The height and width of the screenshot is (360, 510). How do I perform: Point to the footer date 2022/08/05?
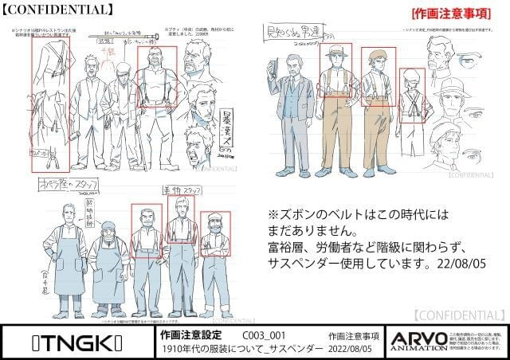coord(353,349)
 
